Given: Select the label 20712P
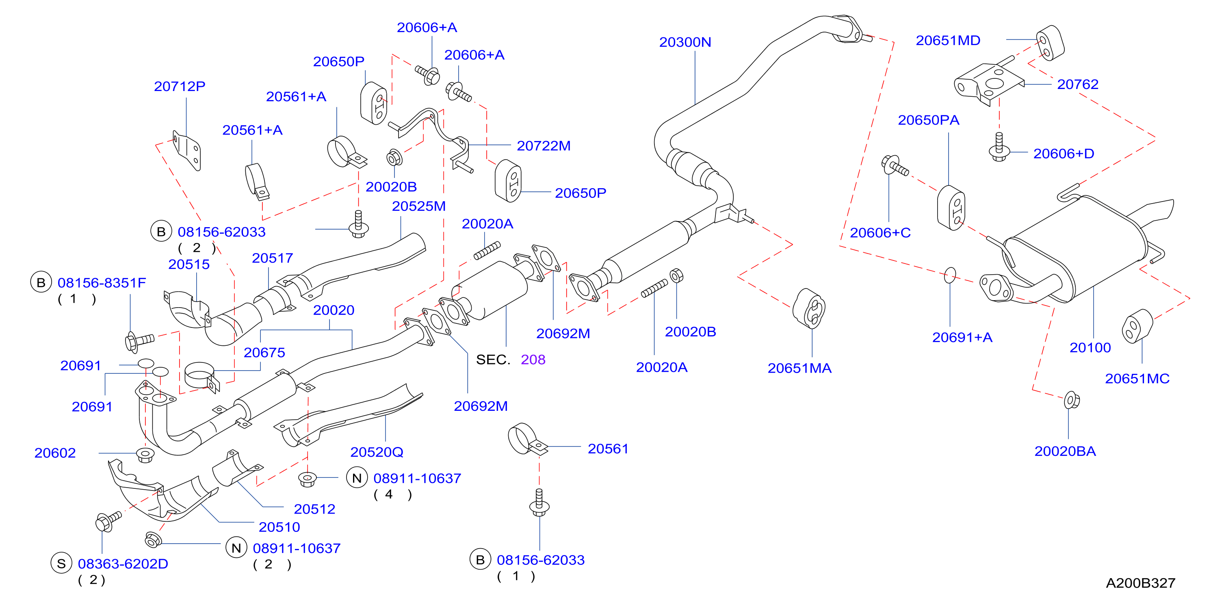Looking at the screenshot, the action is click(x=180, y=87).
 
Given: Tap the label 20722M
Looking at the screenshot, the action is click(x=544, y=146).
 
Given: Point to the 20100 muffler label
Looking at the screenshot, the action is click(x=1090, y=348).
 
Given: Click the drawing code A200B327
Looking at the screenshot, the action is click(x=1140, y=583).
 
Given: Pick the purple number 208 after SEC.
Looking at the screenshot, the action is click(x=533, y=360).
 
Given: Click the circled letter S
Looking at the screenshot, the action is click(x=61, y=564).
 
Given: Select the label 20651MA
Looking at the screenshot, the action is click(x=800, y=368).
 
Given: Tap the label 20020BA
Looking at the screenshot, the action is click(x=1065, y=451).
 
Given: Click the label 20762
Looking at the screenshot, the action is click(x=1078, y=85).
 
